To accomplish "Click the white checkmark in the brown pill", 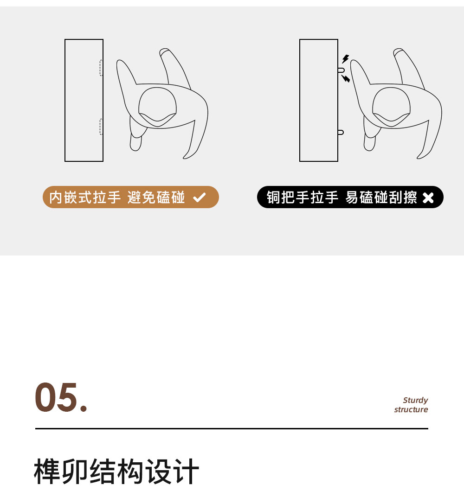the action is tap(199, 197).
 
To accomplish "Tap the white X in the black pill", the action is tap(428, 198).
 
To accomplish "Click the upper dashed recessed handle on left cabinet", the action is tap(101, 68).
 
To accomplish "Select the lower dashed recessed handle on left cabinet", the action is tap(101, 127).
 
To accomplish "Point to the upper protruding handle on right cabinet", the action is tap(341, 70).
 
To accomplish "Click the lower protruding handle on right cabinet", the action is tap(341, 132).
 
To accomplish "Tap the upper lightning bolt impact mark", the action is tap(345, 59).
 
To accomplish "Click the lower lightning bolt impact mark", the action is tap(346, 78).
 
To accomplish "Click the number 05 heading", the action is tap(61, 397).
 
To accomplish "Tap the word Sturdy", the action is tap(415, 401).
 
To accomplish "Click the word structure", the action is tap(411, 409).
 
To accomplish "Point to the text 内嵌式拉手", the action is tap(85, 197).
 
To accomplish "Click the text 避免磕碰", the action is tap(156, 197).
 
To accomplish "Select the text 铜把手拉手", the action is tap(302, 197).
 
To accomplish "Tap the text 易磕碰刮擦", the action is tap(381, 197).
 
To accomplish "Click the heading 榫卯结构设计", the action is tap(116, 472).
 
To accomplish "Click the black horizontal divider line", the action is tap(232, 428).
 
